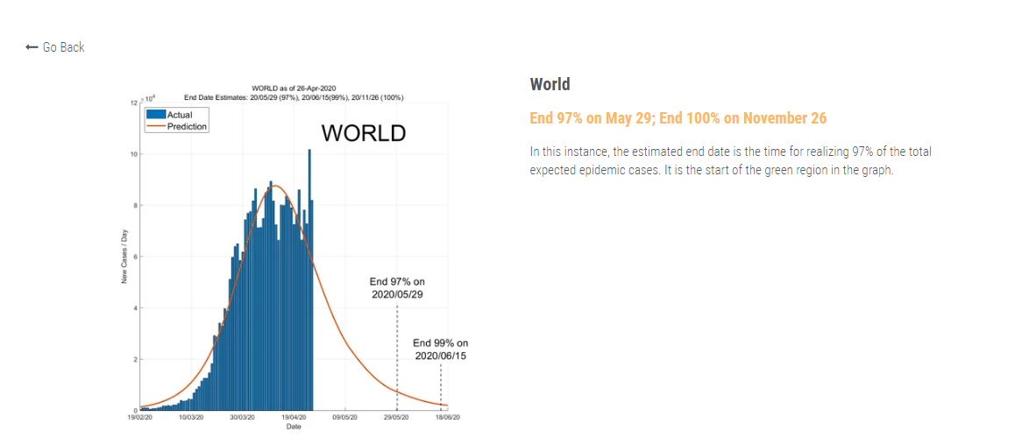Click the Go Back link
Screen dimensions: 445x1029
56,47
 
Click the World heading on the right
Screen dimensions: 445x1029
550,85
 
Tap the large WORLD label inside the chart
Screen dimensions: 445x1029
363,134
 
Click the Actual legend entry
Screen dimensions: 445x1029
180,115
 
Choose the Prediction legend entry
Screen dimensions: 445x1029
187,127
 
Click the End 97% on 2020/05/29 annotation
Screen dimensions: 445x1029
397,288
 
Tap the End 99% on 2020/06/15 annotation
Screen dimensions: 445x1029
440,350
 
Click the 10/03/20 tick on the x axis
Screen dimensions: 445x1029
191,419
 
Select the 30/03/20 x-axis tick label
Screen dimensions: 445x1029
242,419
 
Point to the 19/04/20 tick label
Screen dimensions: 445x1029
294,419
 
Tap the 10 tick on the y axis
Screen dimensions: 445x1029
134,154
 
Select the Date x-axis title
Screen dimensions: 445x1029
294,427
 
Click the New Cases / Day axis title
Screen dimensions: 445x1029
124,257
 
